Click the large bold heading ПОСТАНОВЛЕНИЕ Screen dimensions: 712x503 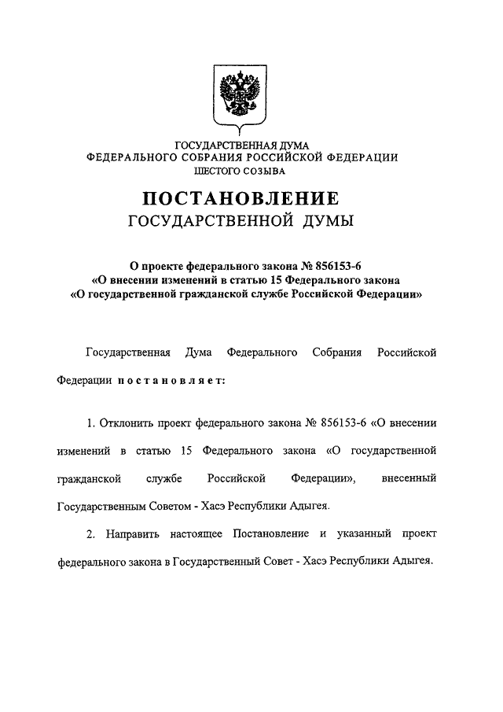(241, 198)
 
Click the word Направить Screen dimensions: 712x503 (126, 535)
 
